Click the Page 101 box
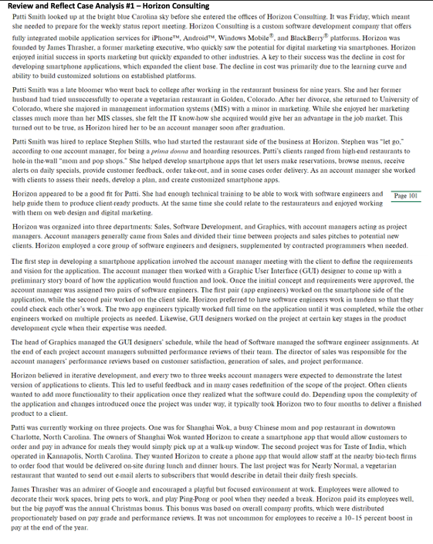(405, 195)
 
